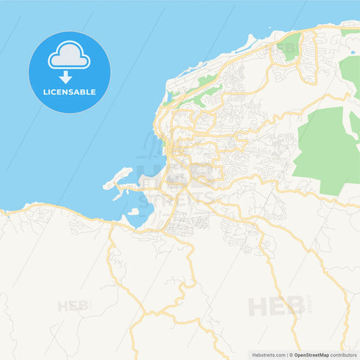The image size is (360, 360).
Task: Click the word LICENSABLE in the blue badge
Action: click(x=70, y=92)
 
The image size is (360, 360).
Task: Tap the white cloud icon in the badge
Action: click(x=69, y=55)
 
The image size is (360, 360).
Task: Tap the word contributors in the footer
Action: click(x=343, y=355)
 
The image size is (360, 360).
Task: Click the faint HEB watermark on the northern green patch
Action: click(x=286, y=49)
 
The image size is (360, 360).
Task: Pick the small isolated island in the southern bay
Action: click(x=132, y=213)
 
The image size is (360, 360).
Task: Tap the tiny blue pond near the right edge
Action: click(x=352, y=51)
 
